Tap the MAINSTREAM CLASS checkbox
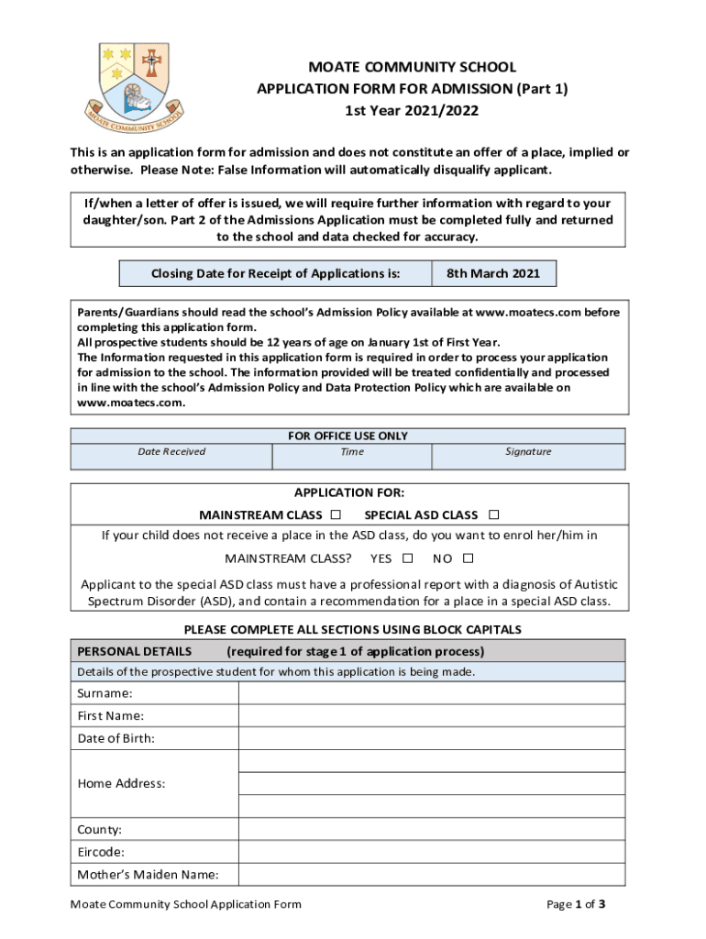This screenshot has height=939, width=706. tap(336, 514)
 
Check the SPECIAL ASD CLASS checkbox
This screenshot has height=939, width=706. tap(493, 514)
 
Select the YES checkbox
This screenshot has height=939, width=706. tap(407, 558)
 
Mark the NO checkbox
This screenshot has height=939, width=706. tap(468, 558)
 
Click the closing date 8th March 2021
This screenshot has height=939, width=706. tap(492, 273)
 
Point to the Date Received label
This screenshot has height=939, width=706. tap(171, 451)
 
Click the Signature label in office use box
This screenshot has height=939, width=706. tap(528, 451)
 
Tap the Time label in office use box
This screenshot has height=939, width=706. tap(352, 451)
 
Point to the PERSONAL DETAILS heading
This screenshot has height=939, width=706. tap(134, 651)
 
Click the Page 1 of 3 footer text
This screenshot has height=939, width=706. tap(576, 904)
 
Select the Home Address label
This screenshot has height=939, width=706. tap(121, 783)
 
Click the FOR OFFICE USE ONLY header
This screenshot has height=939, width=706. tap(347, 436)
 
